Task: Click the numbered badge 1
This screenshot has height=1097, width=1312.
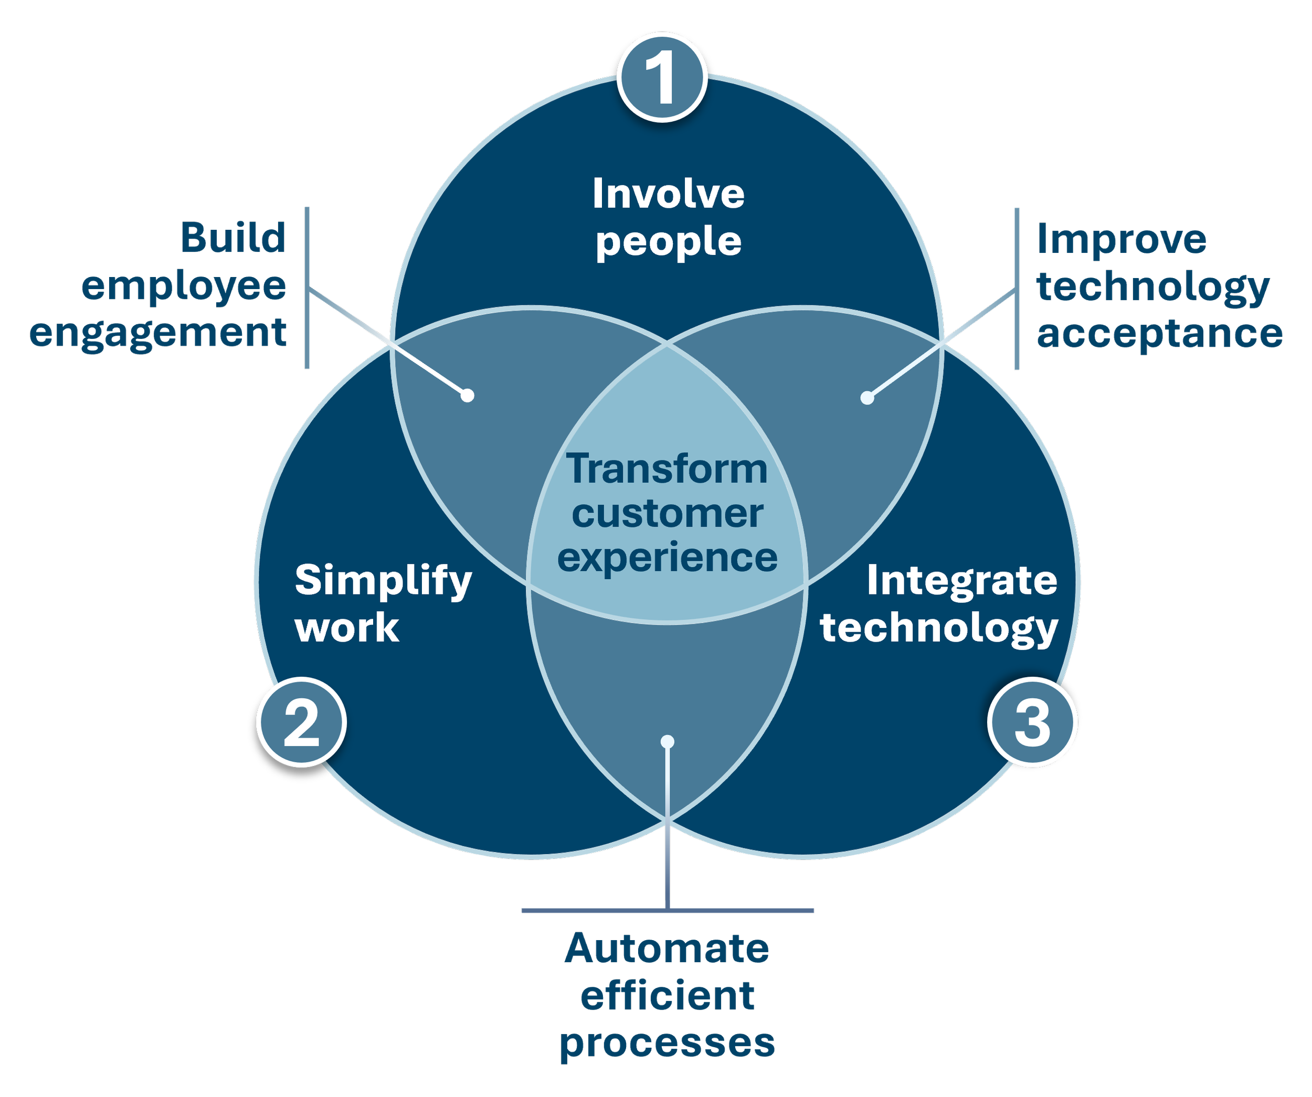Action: [x=662, y=77]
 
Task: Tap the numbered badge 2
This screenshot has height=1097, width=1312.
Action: [x=301, y=721]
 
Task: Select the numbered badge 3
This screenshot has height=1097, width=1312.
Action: [x=1032, y=721]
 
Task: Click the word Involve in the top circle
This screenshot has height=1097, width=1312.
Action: [x=668, y=194]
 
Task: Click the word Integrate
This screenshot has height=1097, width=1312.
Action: [x=961, y=581]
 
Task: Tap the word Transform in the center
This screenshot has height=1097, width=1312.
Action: [x=666, y=469]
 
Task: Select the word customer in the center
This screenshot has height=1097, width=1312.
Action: [x=666, y=514]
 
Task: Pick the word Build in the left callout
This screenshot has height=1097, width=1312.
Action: [x=233, y=238]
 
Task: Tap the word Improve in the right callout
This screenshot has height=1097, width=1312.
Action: [x=1121, y=239]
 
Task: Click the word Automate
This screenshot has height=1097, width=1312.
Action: [x=666, y=949]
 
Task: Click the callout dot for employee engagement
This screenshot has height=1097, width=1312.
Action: [x=467, y=396]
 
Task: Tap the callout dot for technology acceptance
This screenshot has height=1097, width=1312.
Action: [x=866, y=397]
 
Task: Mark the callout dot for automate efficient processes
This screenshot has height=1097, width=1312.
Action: [x=667, y=741]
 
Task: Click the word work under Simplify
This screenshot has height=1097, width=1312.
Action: [x=347, y=628]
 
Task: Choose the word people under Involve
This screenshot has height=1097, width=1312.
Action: [x=668, y=242]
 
